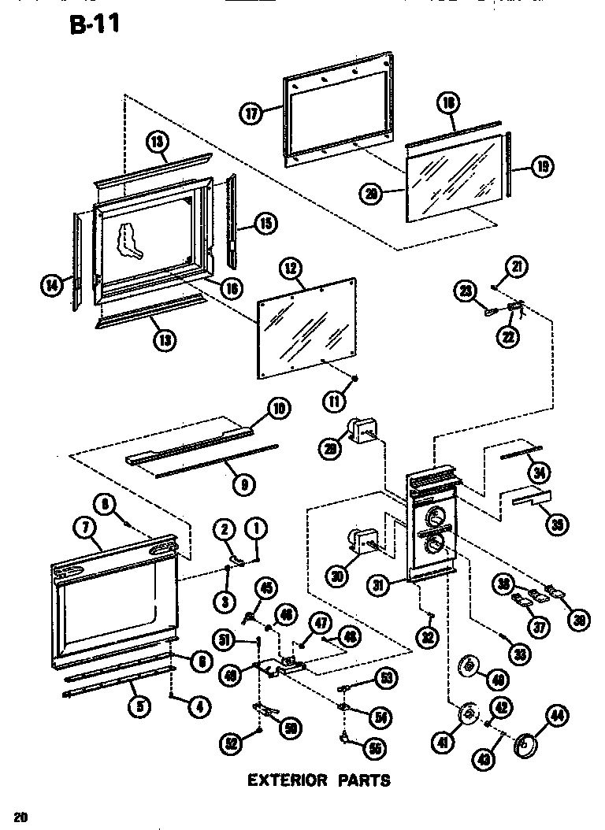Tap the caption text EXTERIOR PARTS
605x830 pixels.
(319, 780)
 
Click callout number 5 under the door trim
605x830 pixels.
(139, 706)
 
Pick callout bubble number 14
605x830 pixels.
(52, 286)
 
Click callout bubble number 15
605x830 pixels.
(265, 224)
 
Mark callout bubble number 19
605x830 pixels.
(543, 166)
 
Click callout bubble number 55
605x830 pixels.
(374, 747)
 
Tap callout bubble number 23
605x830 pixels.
(466, 292)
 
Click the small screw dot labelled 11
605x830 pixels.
(355, 380)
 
